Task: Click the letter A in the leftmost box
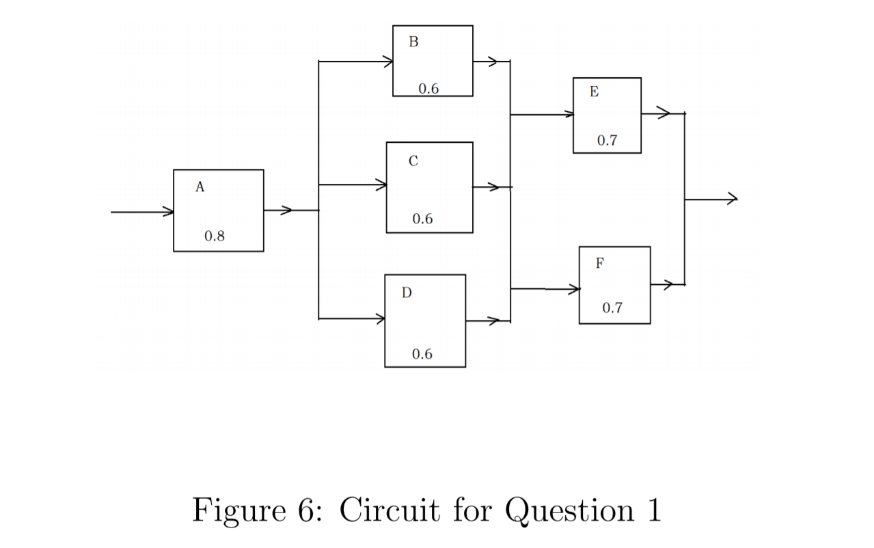200,187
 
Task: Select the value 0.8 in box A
215,236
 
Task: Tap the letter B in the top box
413,42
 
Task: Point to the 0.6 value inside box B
429,88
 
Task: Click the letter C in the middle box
413,161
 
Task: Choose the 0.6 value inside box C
422,219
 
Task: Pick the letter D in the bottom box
407,293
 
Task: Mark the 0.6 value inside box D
422,354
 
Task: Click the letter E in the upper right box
594,92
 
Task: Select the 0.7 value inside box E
607,141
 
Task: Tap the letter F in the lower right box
599,264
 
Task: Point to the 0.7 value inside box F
612,308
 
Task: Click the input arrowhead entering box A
168,212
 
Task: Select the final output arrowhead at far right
733,200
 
